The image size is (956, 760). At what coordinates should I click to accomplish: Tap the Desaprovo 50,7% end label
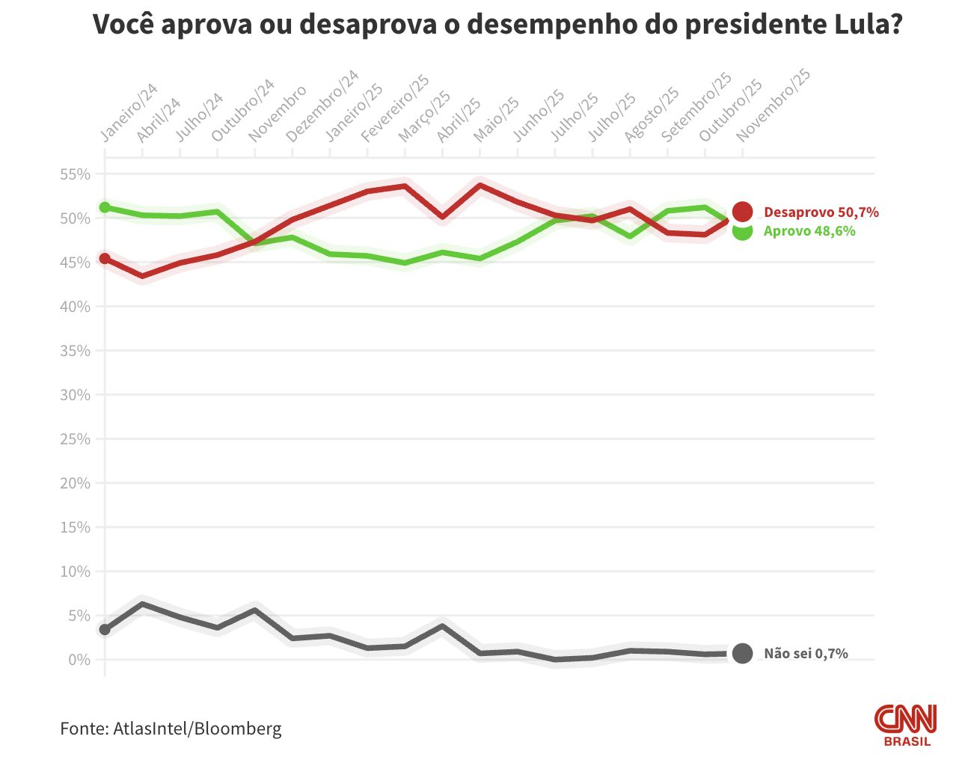[821, 212]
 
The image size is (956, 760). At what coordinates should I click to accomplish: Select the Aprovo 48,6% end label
[809, 231]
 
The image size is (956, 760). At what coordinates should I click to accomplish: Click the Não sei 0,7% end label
[806, 654]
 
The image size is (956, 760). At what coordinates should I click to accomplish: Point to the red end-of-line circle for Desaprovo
[742, 212]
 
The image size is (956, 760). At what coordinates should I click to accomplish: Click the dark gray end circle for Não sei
[742, 654]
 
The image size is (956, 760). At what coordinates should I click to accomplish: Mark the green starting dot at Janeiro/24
[105, 207]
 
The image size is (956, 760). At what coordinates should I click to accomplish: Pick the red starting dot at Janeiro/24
[105, 258]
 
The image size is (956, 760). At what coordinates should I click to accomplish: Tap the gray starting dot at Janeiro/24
[105, 629]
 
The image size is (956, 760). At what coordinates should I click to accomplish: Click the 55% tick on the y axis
[75, 174]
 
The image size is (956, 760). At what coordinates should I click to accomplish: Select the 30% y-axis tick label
[75, 395]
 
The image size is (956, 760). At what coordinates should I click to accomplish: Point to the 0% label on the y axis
[79, 660]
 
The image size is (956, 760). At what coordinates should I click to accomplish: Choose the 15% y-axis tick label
[75, 527]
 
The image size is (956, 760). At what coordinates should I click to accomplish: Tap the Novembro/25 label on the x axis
[773, 105]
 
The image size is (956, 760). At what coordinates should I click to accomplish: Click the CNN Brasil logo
[906, 724]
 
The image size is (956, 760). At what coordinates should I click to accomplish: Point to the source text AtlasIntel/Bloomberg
[197, 729]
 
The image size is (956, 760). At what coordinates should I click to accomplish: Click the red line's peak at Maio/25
[479, 185]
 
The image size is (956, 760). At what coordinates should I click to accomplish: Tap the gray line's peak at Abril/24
[142, 604]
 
